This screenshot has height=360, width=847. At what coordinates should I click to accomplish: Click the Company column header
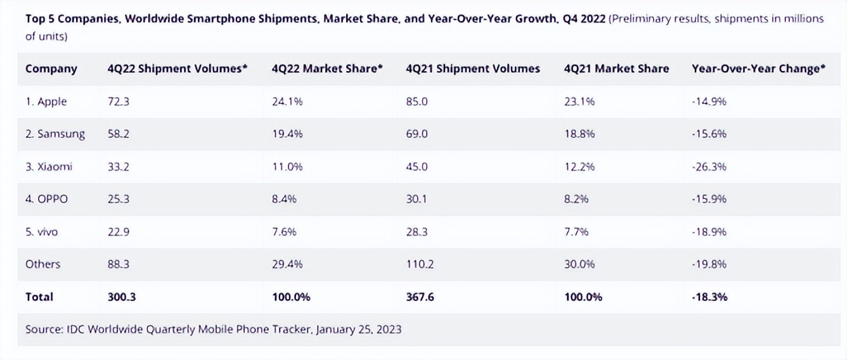(51, 69)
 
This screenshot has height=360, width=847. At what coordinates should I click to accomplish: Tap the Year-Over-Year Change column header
(758, 69)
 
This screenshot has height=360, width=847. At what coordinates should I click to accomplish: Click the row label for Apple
(46, 101)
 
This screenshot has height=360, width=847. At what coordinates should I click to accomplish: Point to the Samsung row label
(55, 134)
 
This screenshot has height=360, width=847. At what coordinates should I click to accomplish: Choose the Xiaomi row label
(49, 167)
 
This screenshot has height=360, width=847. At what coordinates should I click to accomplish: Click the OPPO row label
(47, 199)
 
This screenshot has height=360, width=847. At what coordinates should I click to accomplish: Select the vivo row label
(42, 232)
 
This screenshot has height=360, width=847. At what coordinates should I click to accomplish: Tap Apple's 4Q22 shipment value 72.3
(119, 101)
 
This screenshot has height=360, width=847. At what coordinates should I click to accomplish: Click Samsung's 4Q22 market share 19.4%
(287, 134)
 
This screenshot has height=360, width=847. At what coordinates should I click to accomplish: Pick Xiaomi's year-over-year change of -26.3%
(709, 167)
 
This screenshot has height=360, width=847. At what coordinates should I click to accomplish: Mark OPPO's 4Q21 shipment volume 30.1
(417, 199)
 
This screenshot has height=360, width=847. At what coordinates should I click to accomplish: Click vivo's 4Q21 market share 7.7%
(576, 232)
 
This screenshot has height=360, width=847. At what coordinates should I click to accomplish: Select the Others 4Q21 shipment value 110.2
(420, 264)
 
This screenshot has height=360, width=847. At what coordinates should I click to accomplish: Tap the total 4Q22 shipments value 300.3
(122, 297)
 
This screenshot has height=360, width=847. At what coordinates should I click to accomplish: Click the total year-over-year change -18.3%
(709, 297)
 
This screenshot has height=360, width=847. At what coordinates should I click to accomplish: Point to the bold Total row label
(39, 297)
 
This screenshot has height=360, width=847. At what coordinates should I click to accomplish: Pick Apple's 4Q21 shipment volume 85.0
(417, 101)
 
